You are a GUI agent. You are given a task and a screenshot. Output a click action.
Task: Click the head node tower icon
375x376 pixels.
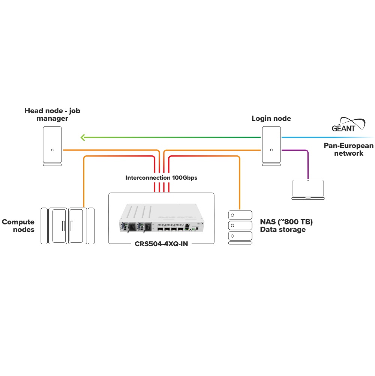click(52, 146)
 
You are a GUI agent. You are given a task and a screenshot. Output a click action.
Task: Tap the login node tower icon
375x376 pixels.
click(271, 145)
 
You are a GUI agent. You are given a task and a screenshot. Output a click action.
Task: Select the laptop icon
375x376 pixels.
click(308, 189)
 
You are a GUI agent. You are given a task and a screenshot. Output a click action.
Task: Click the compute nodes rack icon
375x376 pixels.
click(67, 226)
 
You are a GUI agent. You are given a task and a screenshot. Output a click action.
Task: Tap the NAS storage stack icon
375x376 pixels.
click(240, 227)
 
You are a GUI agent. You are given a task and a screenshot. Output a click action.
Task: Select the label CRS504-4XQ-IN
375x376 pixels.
click(161, 244)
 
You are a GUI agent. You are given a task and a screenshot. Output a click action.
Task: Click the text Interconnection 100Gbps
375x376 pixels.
click(161, 177)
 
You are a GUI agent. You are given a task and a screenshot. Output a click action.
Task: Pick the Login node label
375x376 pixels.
click(271, 119)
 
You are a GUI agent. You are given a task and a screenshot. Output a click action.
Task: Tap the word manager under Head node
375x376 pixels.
click(52, 119)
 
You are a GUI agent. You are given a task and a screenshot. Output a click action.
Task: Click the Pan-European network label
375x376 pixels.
click(348, 149)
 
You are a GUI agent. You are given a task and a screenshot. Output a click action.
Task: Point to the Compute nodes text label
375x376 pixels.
click(18, 226)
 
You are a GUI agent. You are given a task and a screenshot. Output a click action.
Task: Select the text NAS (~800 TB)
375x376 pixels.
click(286, 222)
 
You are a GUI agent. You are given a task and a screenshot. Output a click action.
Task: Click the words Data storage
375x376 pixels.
click(283, 230)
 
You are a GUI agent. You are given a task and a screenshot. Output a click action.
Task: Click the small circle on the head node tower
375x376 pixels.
click(52, 150)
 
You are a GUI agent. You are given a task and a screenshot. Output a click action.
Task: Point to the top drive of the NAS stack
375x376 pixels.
click(240, 215)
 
